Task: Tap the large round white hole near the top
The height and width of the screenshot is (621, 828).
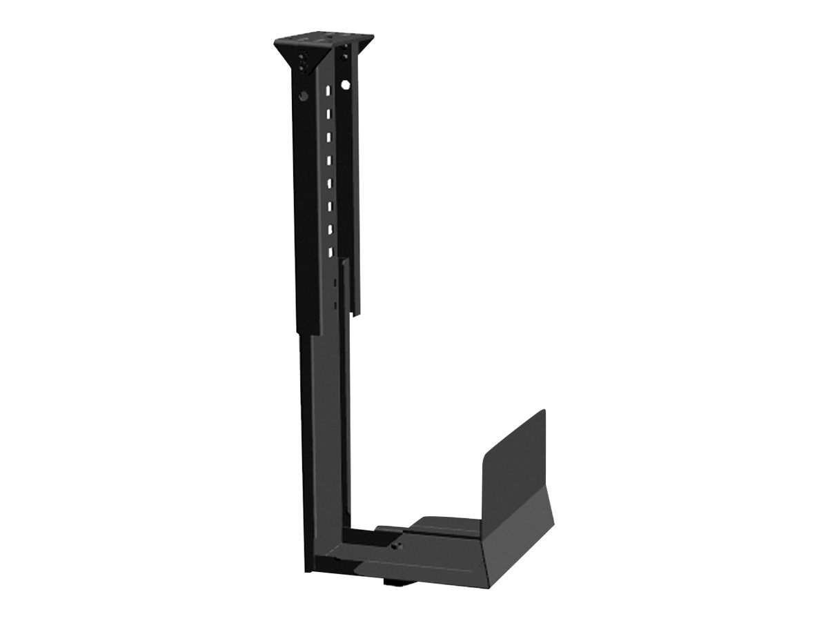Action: pyautogui.click(x=346, y=86)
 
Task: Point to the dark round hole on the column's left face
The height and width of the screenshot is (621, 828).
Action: pyautogui.click(x=303, y=96)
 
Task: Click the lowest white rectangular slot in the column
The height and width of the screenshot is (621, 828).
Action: pyautogui.click(x=331, y=252)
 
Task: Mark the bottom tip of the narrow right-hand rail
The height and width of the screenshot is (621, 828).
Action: pyautogui.click(x=354, y=314)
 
